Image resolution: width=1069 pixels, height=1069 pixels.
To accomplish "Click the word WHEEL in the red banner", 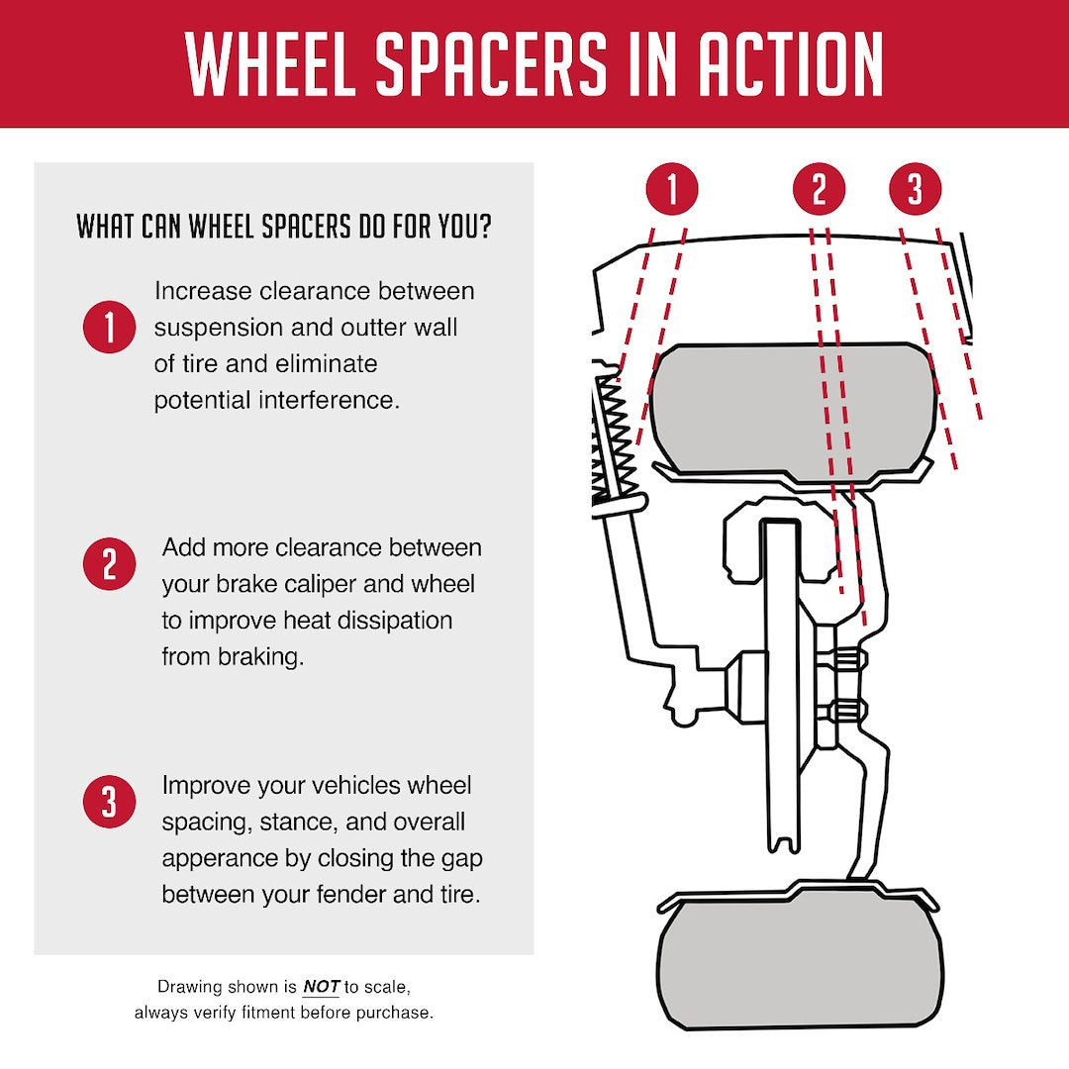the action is click(x=270, y=63).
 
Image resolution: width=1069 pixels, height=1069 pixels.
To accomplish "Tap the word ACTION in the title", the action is click(x=791, y=63).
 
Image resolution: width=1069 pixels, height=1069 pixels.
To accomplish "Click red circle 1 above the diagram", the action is click(x=672, y=188).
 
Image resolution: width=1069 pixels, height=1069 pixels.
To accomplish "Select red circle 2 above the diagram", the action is click(x=819, y=188).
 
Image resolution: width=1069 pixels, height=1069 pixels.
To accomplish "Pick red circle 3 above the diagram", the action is click(x=915, y=188).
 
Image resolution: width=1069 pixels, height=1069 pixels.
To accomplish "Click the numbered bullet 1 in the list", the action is click(x=109, y=327).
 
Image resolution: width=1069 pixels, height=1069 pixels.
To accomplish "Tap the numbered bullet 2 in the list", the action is click(x=109, y=564).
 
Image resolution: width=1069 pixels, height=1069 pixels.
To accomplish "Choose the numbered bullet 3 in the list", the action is click(x=109, y=801).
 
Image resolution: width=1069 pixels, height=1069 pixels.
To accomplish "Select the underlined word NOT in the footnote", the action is click(x=321, y=987).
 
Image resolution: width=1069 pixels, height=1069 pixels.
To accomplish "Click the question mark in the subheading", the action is click(x=485, y=227).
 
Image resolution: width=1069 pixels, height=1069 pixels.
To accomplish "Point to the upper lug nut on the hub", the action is click(x=846, y=659).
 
